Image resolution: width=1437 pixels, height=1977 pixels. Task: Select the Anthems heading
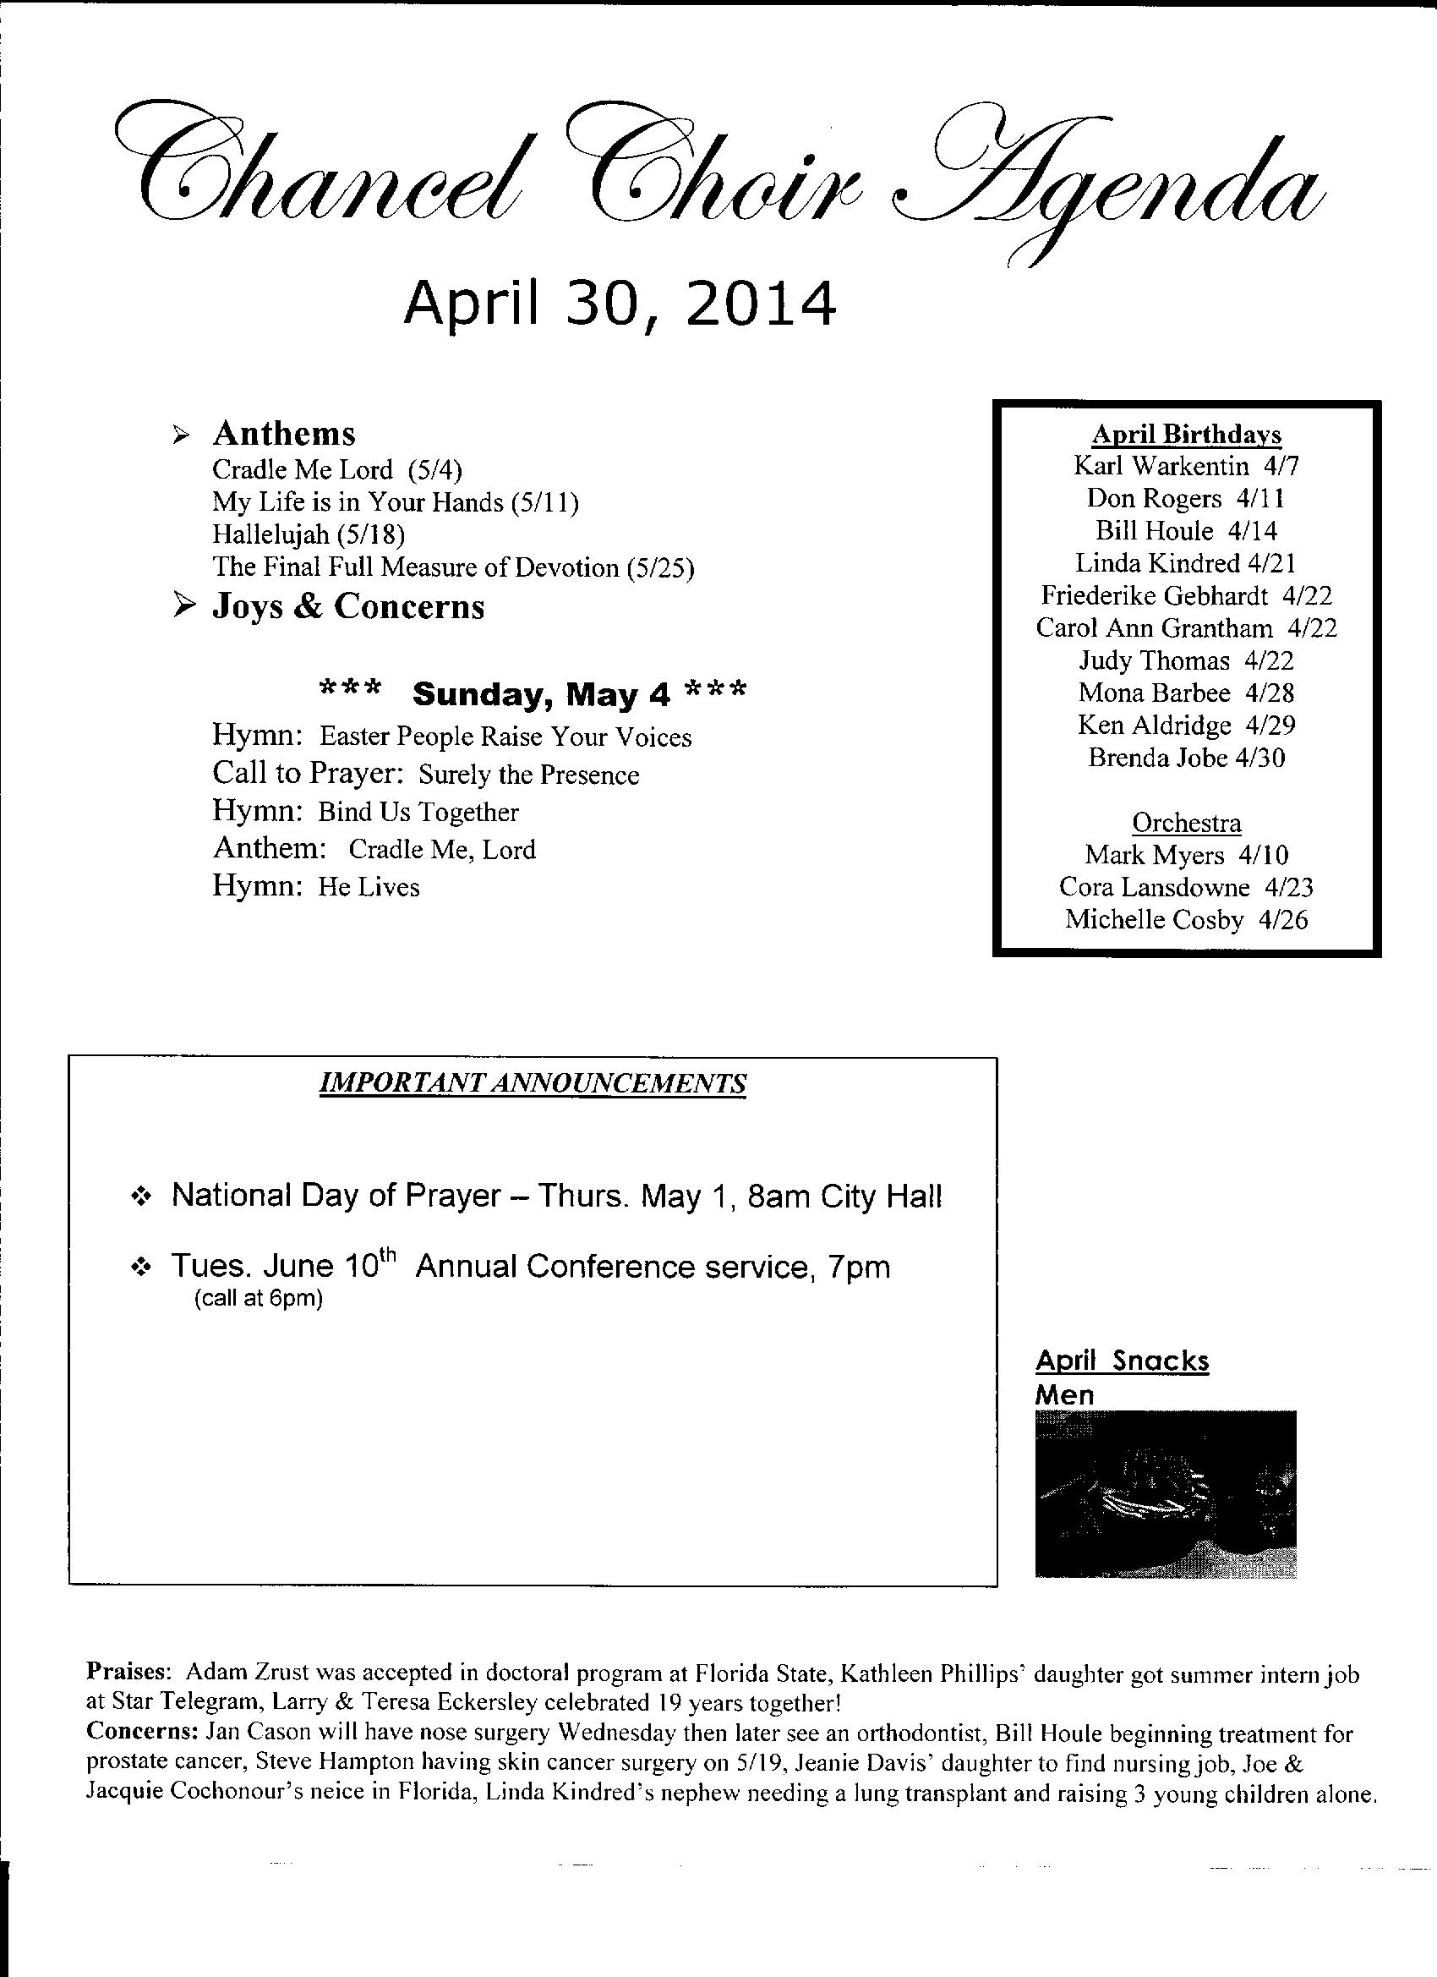point(284,433)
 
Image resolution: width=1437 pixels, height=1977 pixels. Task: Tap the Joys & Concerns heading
point(347,605)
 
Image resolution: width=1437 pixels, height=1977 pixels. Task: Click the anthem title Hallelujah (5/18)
point(309,534)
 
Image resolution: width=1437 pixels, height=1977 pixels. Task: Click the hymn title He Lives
point(369,887)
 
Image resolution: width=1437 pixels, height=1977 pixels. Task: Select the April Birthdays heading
point(1187,434)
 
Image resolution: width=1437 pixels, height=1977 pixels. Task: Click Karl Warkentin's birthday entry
point(1186,467)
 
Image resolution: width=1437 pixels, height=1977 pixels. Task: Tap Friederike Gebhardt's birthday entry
point(1186,596)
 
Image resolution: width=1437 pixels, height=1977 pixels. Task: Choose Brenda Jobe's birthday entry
point(1186,758)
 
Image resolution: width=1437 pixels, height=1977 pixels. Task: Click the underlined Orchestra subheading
point(1186,823)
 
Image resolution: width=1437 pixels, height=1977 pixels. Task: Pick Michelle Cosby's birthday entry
point(1186,920)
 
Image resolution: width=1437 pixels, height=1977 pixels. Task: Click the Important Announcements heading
point(533,1083)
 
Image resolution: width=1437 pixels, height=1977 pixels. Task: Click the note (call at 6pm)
point(258,1300)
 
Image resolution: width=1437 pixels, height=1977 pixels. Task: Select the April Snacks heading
point(1122,1361)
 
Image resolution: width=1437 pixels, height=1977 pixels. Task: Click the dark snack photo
point(1165,1494)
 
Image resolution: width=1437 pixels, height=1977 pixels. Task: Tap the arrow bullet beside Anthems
point(180,434)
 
